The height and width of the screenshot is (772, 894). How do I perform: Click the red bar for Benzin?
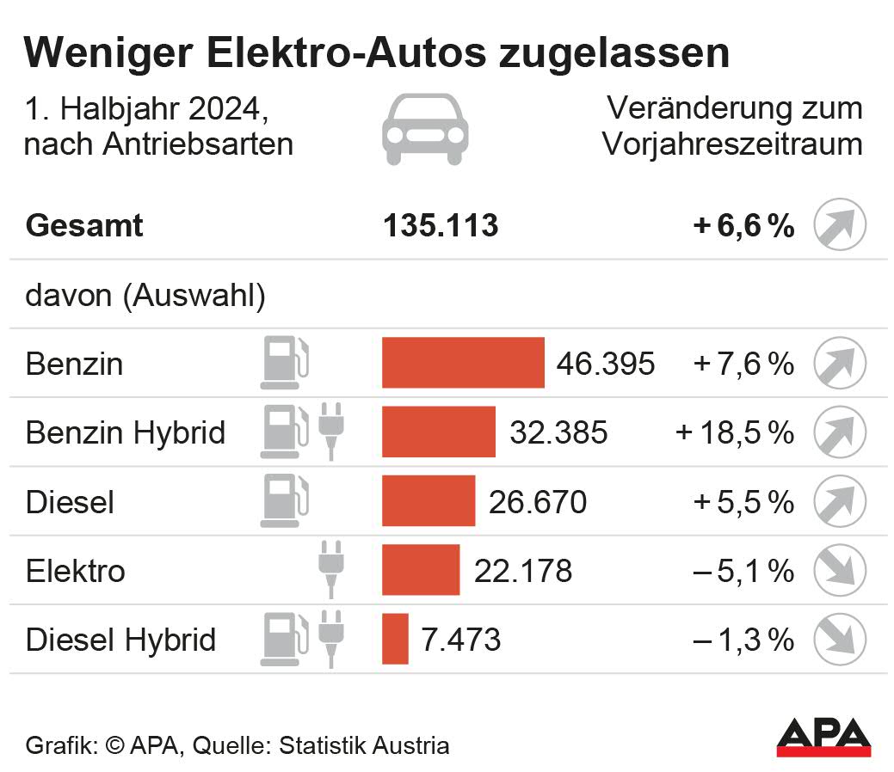(x=463, y=363)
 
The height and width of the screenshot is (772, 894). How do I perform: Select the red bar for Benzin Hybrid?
(x=439, y=432)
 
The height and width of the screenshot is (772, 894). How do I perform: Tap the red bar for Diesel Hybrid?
(x=395, y=639)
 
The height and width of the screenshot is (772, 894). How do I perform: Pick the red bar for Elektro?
(x=421, y=570)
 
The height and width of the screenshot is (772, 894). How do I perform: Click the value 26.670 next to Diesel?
(x=538, y=501)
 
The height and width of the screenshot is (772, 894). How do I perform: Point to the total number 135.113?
(x=441, y=225)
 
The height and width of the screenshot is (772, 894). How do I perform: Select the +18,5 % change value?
(x=735, y=432)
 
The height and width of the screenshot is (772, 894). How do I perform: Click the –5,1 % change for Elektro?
(x=743, y=570)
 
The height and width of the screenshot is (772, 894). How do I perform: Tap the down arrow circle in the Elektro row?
(x=840, y=570)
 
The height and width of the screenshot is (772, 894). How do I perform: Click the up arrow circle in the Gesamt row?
(x=840, y=225)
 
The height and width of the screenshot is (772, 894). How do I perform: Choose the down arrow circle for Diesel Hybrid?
(x=840, y=639)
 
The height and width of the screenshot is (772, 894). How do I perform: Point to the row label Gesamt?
(x=84, y=226)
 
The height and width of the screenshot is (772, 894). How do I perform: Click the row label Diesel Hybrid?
(x=120, y=640)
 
